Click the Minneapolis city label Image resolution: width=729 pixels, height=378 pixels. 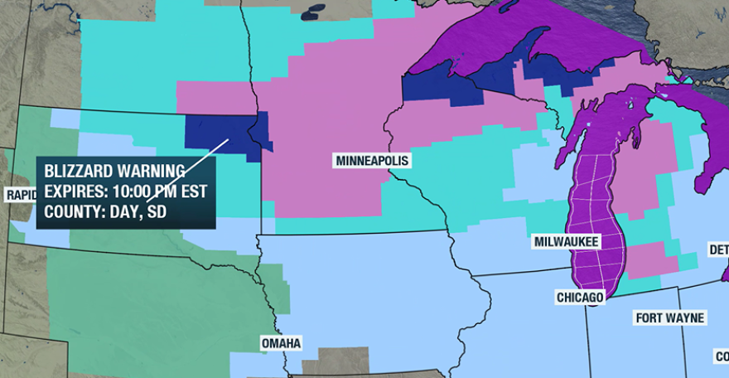[x=372, y=160]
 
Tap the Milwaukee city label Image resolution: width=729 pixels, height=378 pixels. [x=567, y=241]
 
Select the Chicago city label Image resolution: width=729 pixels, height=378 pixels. [x=580, y=297]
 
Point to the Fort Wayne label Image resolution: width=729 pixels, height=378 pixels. [x=670, y=317]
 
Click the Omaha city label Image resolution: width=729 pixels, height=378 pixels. [x=281, y=342]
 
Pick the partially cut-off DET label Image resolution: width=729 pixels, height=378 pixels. [x=717, y=250]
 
